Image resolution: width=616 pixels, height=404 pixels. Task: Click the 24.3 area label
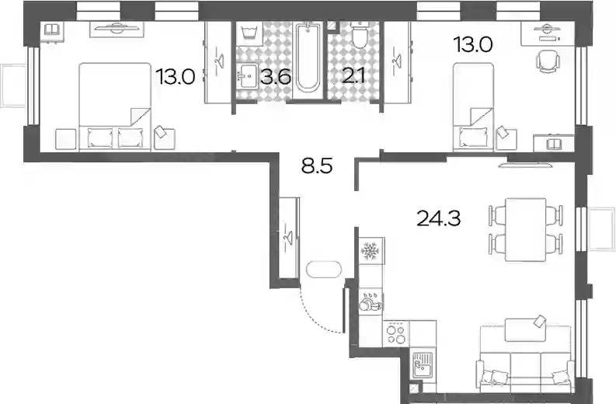point(438,218)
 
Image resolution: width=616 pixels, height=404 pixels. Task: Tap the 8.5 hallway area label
point(317,166)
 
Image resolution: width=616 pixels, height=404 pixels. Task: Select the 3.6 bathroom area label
point(277,76)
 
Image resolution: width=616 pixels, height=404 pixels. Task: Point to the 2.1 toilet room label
point(353,76)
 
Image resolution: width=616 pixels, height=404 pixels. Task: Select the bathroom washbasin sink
point(247,76)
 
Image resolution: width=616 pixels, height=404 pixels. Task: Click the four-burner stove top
point(396,333)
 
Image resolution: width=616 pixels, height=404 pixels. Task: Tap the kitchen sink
point(423,365)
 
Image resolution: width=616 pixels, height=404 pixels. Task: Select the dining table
point(525,229)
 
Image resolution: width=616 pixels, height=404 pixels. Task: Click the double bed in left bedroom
point(115,106)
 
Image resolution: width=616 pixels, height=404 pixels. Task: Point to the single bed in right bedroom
point(473,106)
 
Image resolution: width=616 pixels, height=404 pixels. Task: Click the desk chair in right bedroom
point(547,61)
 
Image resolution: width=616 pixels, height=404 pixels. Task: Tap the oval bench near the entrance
point(324,270)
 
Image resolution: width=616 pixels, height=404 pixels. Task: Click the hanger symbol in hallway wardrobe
point(289,237)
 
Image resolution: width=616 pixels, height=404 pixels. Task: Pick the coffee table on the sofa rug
point(525,330)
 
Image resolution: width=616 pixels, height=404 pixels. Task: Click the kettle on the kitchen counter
point(367,305)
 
